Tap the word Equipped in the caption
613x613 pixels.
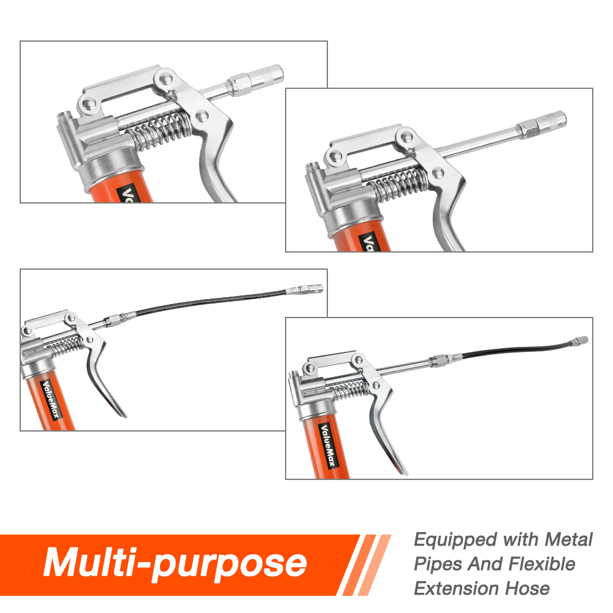455,540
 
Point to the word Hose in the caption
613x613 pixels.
527,588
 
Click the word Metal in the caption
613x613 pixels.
569,539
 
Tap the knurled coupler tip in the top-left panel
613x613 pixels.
267,75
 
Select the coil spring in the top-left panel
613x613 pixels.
160,130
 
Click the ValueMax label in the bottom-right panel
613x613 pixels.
328,445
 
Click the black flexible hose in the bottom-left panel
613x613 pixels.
210,300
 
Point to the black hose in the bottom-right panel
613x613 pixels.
516,350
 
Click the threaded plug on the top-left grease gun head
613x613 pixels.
64,117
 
